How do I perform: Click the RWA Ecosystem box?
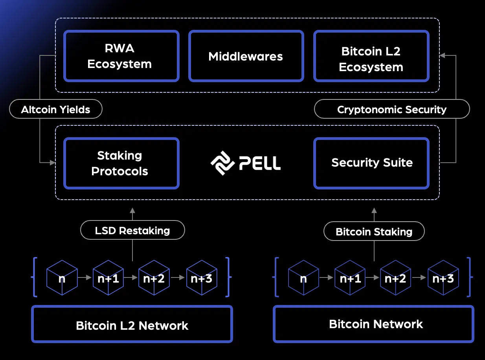pos(121,56)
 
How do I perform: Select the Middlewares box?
pos(246,56)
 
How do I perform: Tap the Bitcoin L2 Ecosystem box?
pos(371,56)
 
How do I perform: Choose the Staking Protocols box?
pos(121,163)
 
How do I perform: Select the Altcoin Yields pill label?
pos(55,109)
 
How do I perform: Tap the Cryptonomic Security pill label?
pos(391,109)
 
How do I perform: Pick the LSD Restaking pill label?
pos(132,230)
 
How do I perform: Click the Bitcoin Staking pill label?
pos(374,231)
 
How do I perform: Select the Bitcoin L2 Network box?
pos(132,325)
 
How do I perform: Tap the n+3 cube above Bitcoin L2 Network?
pos(201,278)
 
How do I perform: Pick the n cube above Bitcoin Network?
pos(303,278)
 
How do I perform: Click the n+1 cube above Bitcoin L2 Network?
pos(108,278)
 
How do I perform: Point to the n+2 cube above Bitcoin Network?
pos(395,278)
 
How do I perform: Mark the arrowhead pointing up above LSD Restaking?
pos(132,210)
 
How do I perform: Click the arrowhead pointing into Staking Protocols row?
pos(52,162)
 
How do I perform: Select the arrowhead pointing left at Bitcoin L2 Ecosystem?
pos(443,55)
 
